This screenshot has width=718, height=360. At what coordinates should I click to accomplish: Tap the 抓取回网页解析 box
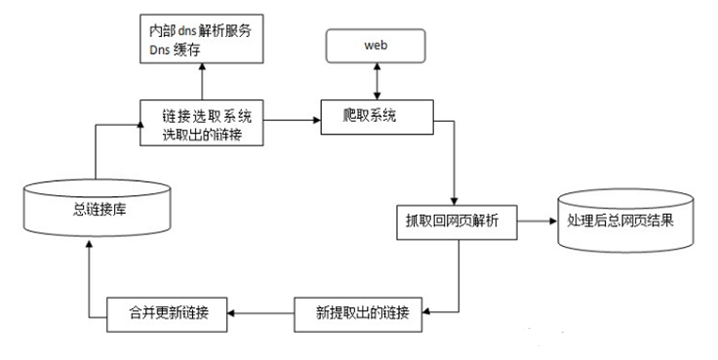tap(457, 220)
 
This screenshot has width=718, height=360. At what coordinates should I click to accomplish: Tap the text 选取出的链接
tap(201, 135)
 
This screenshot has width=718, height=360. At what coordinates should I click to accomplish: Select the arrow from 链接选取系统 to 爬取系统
tap(293, 119)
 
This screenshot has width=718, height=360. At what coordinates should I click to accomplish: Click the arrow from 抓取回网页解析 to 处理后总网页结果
tap(536, 220)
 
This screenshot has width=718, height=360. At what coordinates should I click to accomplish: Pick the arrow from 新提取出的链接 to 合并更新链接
tap(262, 312)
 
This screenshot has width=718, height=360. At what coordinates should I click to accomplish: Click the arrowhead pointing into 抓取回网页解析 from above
tap(456, 198)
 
